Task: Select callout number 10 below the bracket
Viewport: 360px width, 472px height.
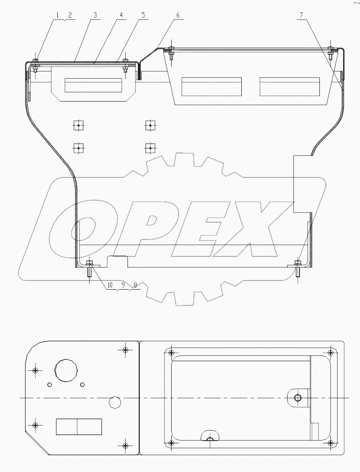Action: (110, 285)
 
